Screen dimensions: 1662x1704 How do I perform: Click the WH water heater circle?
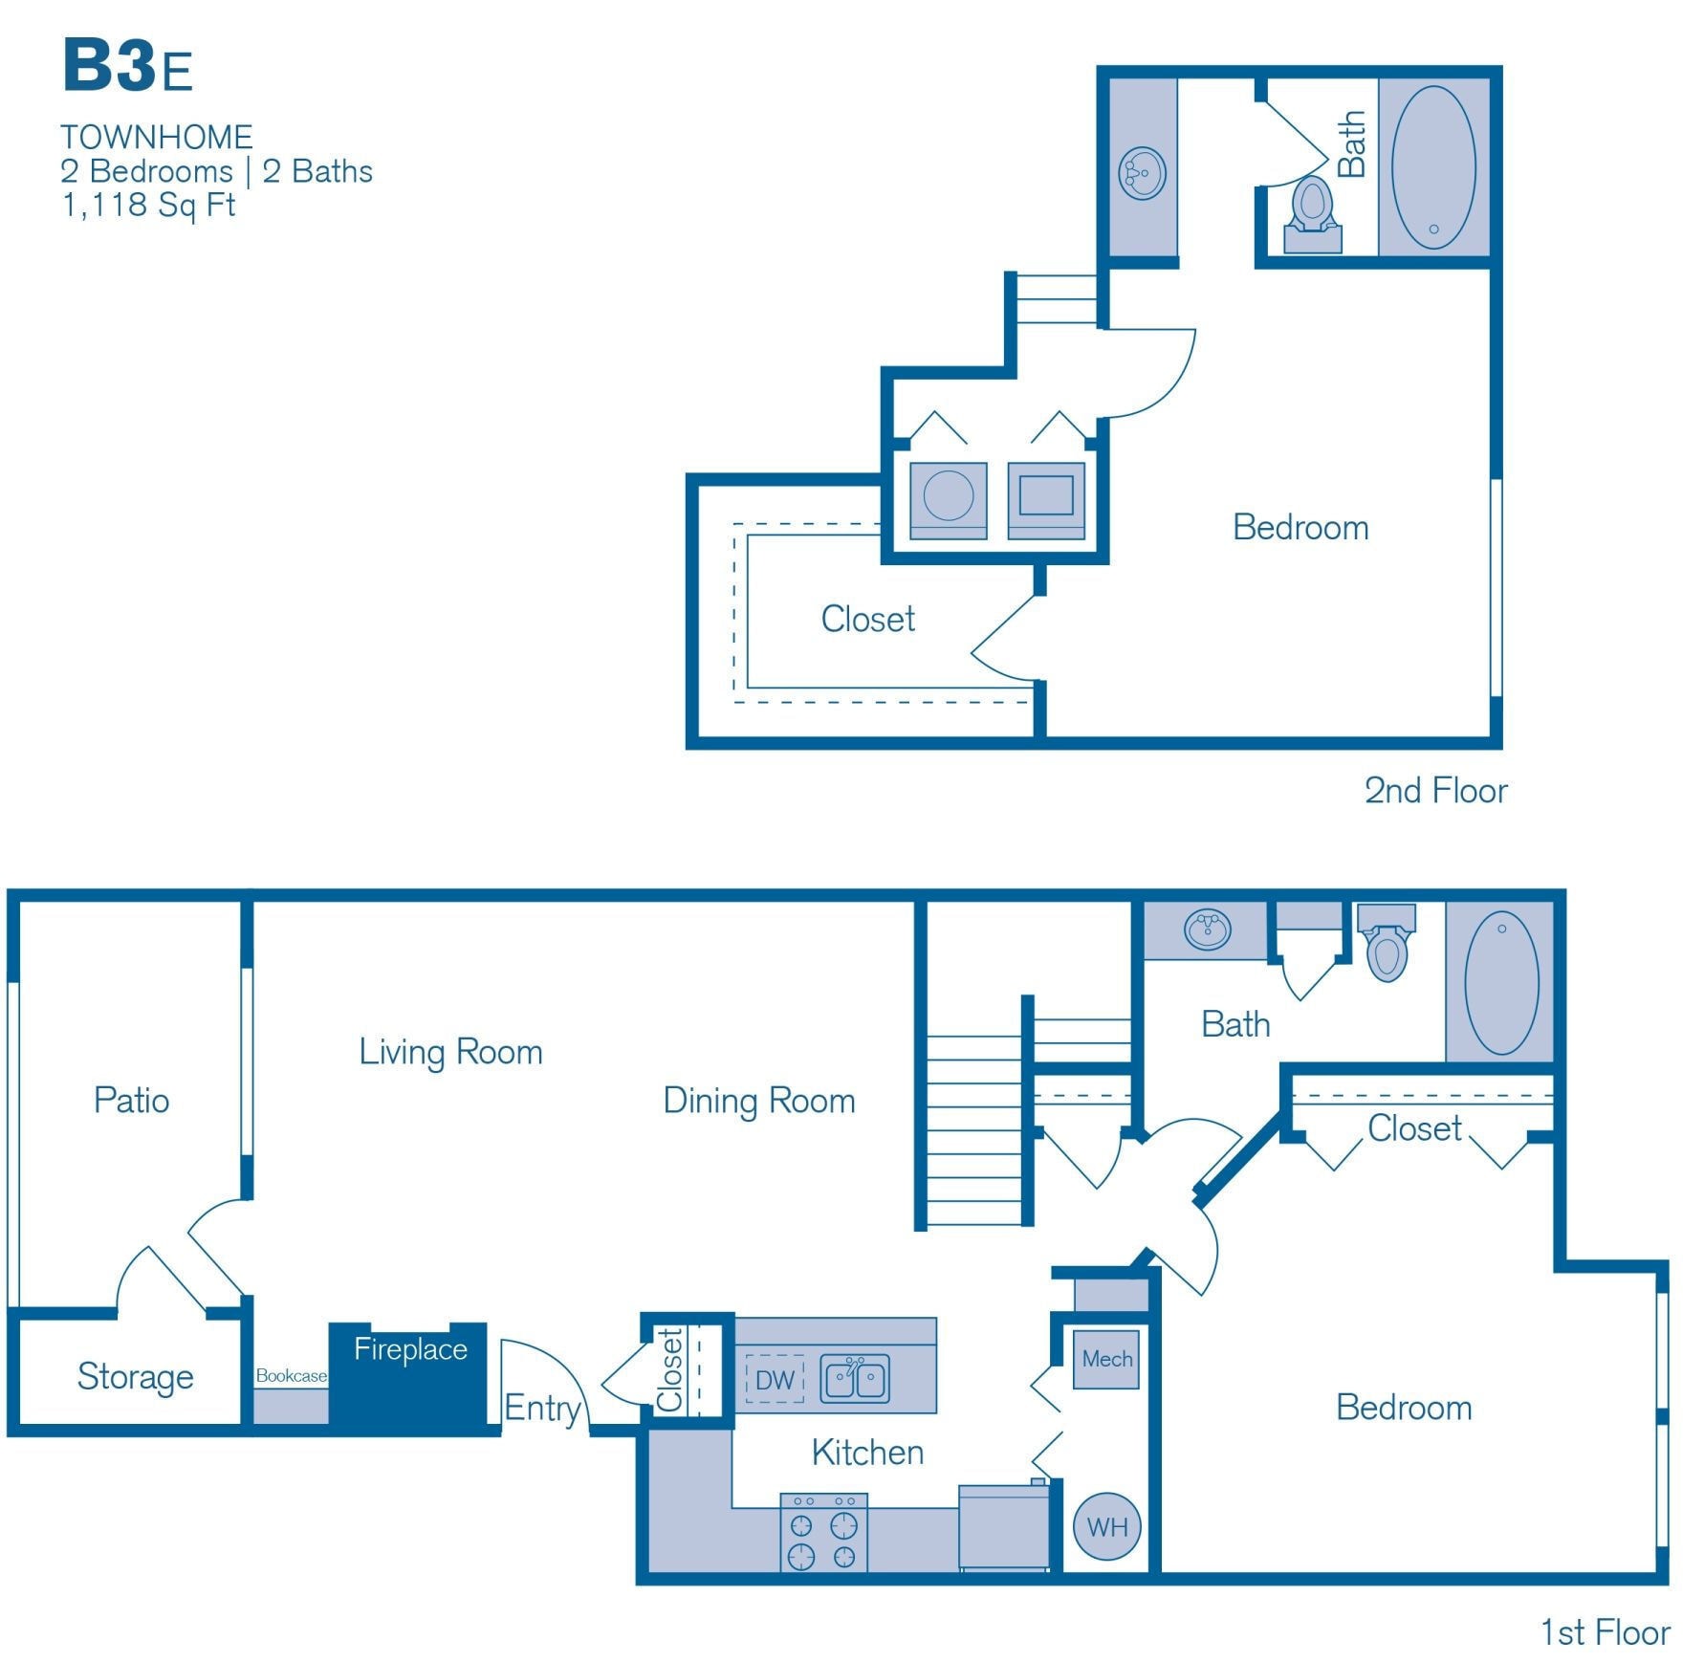[1106, 1527]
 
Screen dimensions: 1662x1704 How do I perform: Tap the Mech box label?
[1106, 1359]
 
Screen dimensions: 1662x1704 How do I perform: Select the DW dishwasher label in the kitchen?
[775, 1380]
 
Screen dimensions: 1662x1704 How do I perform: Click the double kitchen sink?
[855, 1379]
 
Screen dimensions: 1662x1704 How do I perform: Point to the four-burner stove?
[823, 1533]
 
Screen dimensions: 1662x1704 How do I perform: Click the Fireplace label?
[410, 1349]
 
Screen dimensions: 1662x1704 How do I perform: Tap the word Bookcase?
[291, 1375]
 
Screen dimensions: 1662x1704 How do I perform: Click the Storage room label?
[135, 1376]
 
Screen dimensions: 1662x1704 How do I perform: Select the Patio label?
[131, 1100]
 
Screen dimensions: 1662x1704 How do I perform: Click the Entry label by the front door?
[542, 1408]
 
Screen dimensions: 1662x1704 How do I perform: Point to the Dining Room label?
[758, 1101]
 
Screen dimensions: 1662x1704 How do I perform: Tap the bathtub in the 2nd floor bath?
[1432, 167]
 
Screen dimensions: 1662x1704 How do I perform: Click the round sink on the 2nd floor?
[1142, 173]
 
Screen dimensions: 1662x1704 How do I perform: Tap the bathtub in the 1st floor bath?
[1500, 982]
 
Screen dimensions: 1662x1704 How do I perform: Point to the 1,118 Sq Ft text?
[148, 206]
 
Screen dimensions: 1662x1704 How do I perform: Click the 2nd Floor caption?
[1434, 791]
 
